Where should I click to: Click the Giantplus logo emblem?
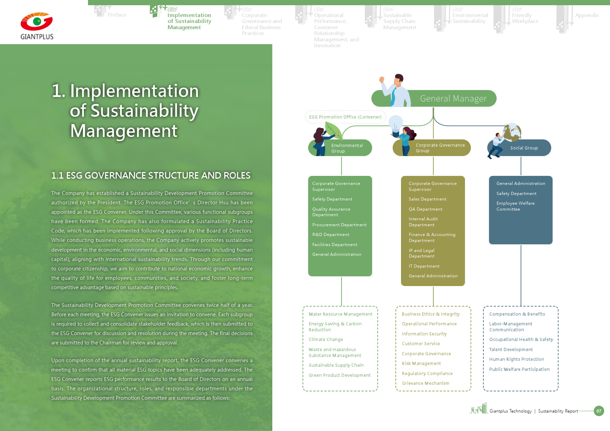37,22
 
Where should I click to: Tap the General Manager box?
453,99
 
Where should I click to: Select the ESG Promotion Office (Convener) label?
345,117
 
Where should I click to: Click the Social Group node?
524,148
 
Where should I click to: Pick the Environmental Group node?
347,148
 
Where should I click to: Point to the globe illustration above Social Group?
512,132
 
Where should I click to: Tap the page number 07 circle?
599,411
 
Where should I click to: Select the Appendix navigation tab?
587,15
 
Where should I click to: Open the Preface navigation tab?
117,15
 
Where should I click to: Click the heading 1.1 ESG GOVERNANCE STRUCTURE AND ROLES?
151,176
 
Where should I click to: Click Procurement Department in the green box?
339,225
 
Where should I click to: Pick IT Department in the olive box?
424,266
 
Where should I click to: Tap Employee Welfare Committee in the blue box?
515,206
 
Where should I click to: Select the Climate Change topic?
326,340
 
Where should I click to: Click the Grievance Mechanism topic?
425,383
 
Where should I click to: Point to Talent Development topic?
511,350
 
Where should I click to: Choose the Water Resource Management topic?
340,314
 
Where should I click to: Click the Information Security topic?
424,334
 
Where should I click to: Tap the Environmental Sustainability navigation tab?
470,18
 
